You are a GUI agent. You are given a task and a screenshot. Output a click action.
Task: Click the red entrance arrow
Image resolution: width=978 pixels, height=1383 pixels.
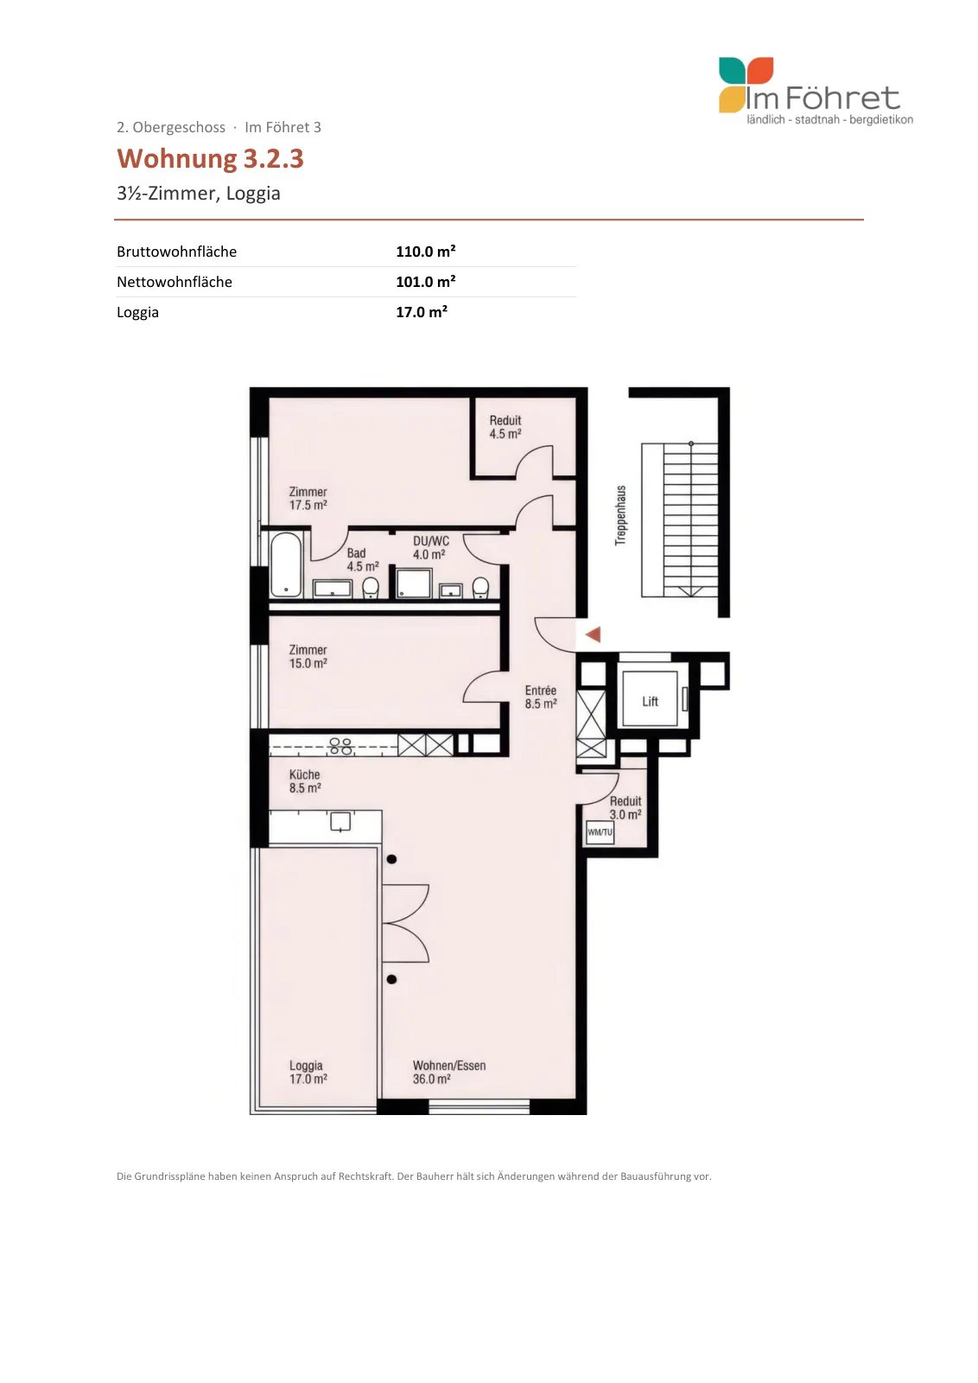[593, 634]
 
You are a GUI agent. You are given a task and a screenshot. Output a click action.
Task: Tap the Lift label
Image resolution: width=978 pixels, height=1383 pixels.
[650, 701]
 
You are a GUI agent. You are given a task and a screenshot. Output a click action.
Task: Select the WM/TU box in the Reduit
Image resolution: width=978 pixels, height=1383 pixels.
[600, 832]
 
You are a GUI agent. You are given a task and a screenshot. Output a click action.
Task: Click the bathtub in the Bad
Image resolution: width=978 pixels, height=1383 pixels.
[286, 565]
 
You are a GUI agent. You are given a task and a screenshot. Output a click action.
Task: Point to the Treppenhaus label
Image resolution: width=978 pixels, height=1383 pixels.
[620, 515]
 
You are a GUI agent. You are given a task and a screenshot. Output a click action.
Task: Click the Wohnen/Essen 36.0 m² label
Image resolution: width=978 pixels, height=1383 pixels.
[449, 1072]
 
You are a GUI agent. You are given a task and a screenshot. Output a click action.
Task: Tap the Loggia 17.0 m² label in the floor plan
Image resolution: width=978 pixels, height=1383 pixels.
[308, 1072]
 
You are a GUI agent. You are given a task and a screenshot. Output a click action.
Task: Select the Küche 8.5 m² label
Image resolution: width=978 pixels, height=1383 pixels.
[305, 781]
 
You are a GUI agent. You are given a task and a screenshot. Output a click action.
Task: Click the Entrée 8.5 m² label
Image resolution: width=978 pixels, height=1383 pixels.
[541, 697]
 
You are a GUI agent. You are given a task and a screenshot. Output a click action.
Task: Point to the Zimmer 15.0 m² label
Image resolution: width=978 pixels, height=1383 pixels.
[308, 656]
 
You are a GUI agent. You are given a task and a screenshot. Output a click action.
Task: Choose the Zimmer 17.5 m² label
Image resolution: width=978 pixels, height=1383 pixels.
[308, 498]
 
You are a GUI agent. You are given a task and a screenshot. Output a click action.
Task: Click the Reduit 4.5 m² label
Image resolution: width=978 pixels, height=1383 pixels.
[505, 427]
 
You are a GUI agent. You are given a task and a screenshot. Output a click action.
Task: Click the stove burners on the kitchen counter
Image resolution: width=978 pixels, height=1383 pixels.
[340, 747]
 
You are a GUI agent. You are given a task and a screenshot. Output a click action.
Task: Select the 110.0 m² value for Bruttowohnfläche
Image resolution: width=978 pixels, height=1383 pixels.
[426, 252]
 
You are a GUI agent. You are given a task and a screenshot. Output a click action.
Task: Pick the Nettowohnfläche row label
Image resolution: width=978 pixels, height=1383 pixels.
[175, 282]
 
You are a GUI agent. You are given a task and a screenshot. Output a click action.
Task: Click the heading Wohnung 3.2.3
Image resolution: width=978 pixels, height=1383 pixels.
[211, 158]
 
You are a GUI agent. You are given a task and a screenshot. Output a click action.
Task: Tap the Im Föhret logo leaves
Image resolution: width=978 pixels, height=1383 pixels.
[746, 86]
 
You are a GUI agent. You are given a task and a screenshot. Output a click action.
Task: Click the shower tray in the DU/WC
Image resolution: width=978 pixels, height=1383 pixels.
[414, 583]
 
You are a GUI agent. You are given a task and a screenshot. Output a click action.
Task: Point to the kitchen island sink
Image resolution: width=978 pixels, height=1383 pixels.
[340, 822]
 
